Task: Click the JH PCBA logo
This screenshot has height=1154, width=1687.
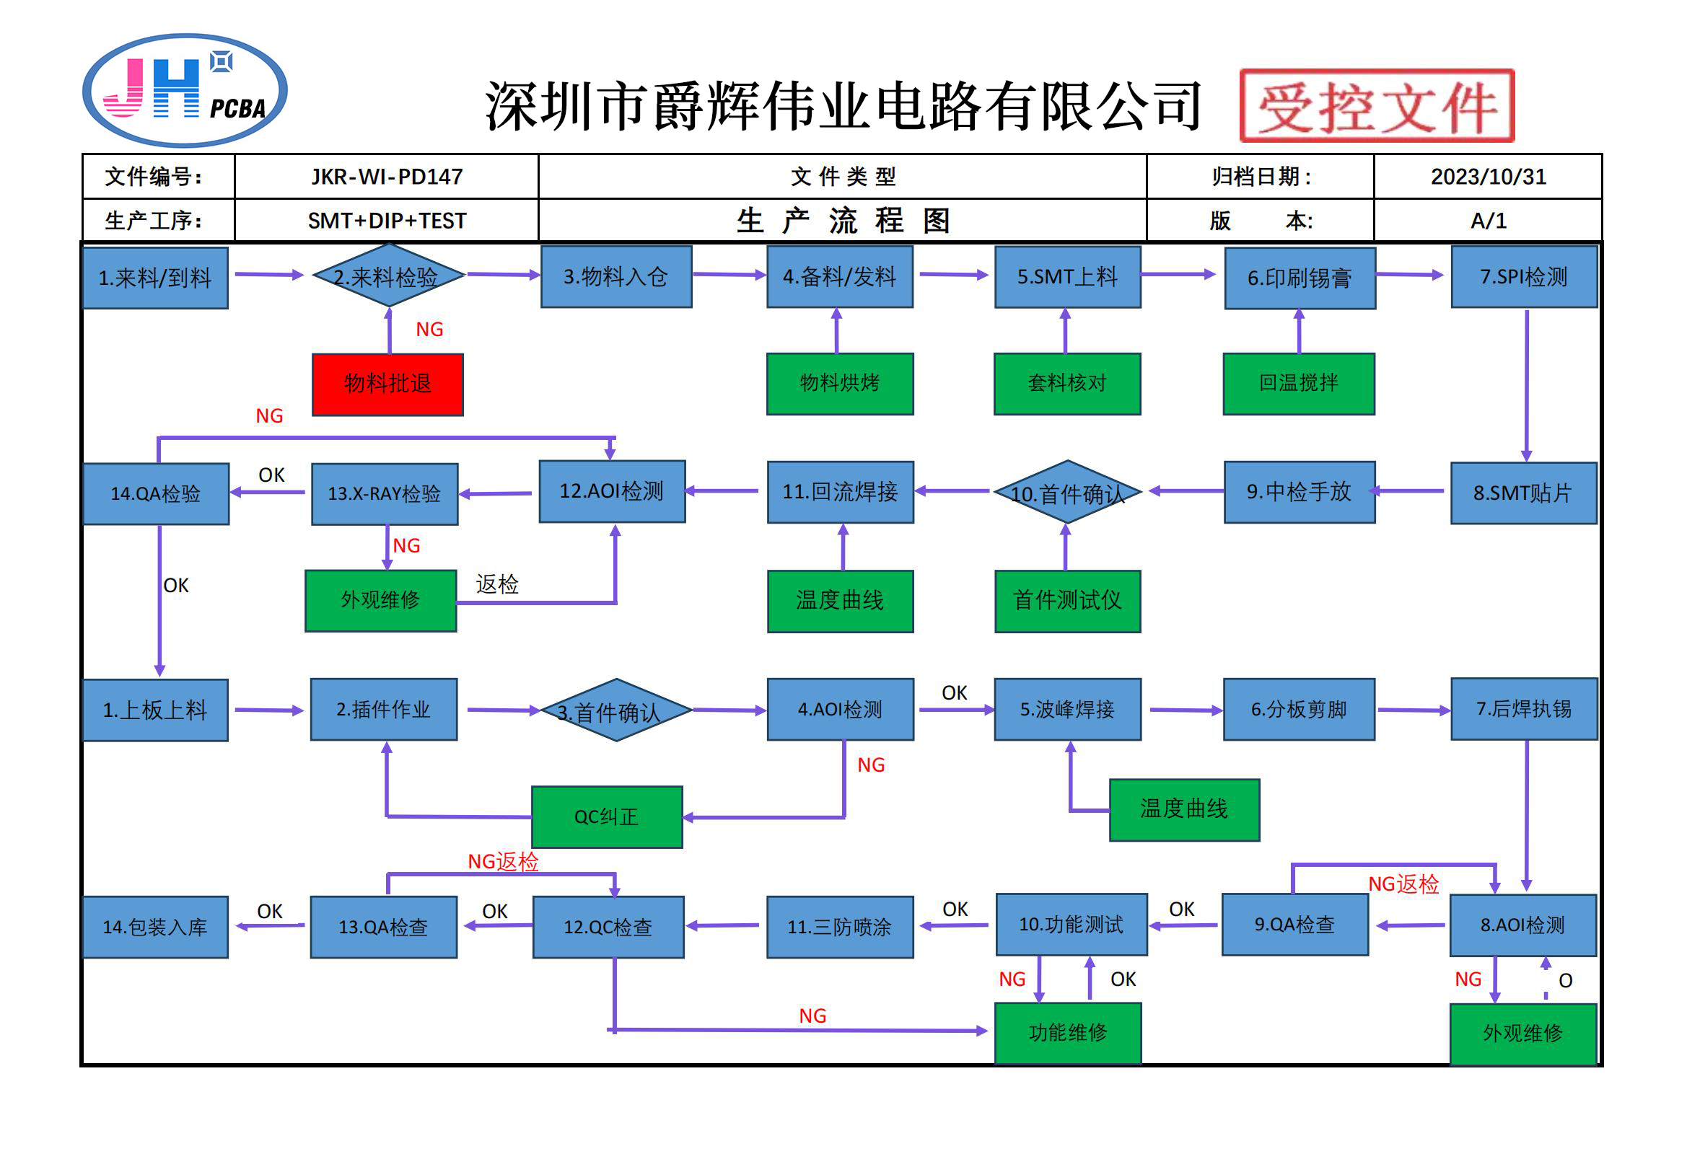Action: [x=185, y=91]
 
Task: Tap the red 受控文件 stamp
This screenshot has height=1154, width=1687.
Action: [x=1376, y=106]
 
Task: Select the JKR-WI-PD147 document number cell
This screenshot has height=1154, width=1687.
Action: [x=386, y=177]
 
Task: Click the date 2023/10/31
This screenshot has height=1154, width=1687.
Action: [x=1487, y=177]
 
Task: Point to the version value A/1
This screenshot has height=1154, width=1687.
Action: [x=1487, y=221]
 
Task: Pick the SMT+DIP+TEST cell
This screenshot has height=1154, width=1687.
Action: [x=386, y=221]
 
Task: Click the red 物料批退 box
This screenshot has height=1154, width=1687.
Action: [x=387, y=384]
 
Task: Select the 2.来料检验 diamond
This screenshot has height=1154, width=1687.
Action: [x=387, y=276]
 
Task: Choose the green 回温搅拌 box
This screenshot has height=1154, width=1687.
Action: [x=1298, y=383]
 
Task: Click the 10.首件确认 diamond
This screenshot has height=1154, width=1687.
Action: [x=1067, y=493]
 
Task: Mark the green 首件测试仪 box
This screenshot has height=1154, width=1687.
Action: [x=1067, y=600]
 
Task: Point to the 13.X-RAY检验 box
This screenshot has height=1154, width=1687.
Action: [x=385, y=493]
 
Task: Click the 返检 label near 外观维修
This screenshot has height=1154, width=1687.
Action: [x=497, y=584]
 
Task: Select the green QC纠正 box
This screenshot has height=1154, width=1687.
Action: [x=607, y=816]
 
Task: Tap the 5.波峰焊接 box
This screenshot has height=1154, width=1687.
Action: [x=1067, y=709]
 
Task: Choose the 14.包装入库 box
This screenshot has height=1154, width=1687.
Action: [x=155, y=927]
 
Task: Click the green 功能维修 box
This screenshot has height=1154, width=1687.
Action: [x=1067, y=1032]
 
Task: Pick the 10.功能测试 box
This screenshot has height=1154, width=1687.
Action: [x=1071, y=924]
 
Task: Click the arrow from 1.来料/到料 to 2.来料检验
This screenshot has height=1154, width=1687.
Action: [x=268, y=274]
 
